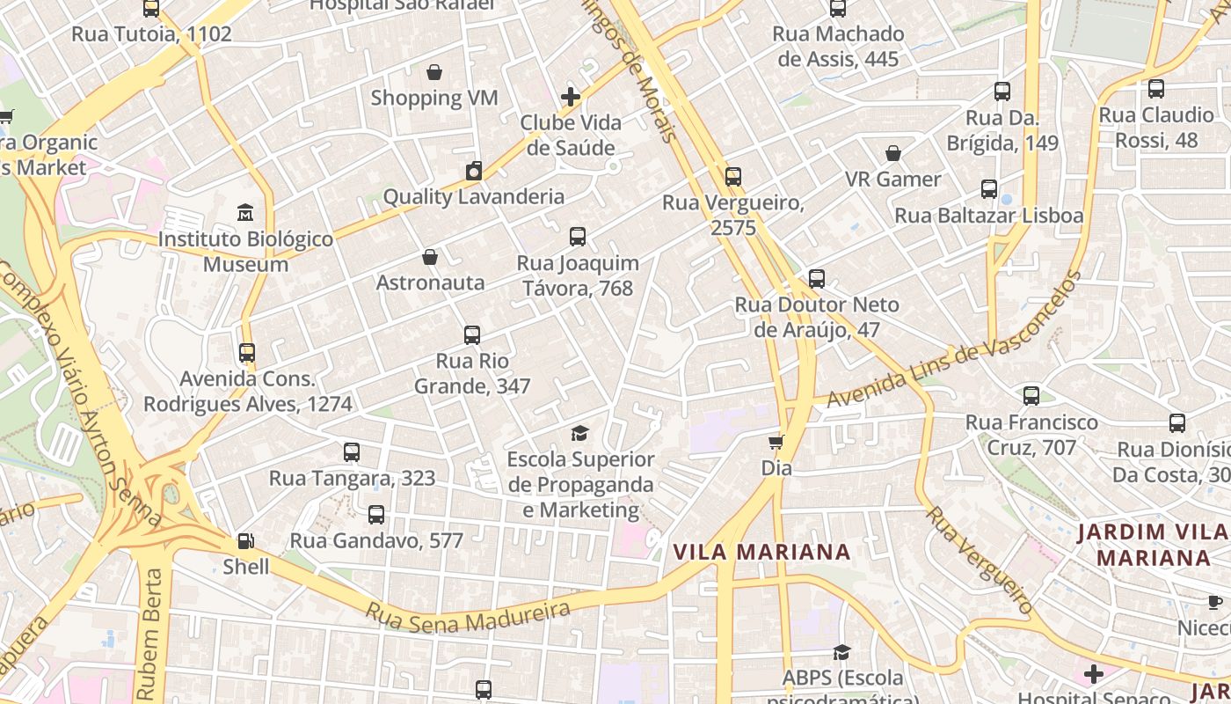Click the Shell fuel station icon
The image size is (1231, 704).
pyautogui.click(x=246, y=541)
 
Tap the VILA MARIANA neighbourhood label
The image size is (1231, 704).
pyautogui.click(x=761, y=552)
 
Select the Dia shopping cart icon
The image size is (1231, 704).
pyautogui.click(x=776, y=442)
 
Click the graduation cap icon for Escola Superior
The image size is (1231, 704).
pyautogui.click(x=579, y=433)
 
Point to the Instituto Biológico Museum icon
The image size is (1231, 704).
pyautogui.click(x=245, y=213)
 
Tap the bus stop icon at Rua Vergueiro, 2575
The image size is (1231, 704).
pyautogui.click(x=732, y=177)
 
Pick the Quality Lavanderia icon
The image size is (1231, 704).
pyautogui.click(x=474, y=171)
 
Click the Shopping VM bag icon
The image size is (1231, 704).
pyautogui.click(x=433, y=72)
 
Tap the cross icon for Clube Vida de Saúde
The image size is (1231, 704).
pyautogui.click(x=571, y=97)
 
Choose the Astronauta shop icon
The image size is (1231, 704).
pyautogui.click(x=430, y=257)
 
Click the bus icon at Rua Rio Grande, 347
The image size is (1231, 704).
pyautogui.click(x=472, y=335)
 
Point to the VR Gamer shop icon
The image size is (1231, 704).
pyautogui.click(x=893, y=153)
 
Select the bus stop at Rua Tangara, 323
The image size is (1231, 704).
pyautogui.click(x=352, y=452)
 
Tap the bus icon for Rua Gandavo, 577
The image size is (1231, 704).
pyautogui.click(x=376, y=515)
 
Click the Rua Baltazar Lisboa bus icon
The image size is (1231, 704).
pyautogui.click(x=989, y=189)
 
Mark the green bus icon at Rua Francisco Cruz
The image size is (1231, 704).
pyautogui.click(x=1031, y=396)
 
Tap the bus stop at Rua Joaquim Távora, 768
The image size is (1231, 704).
pyautogui.click(x=578, y=237)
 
